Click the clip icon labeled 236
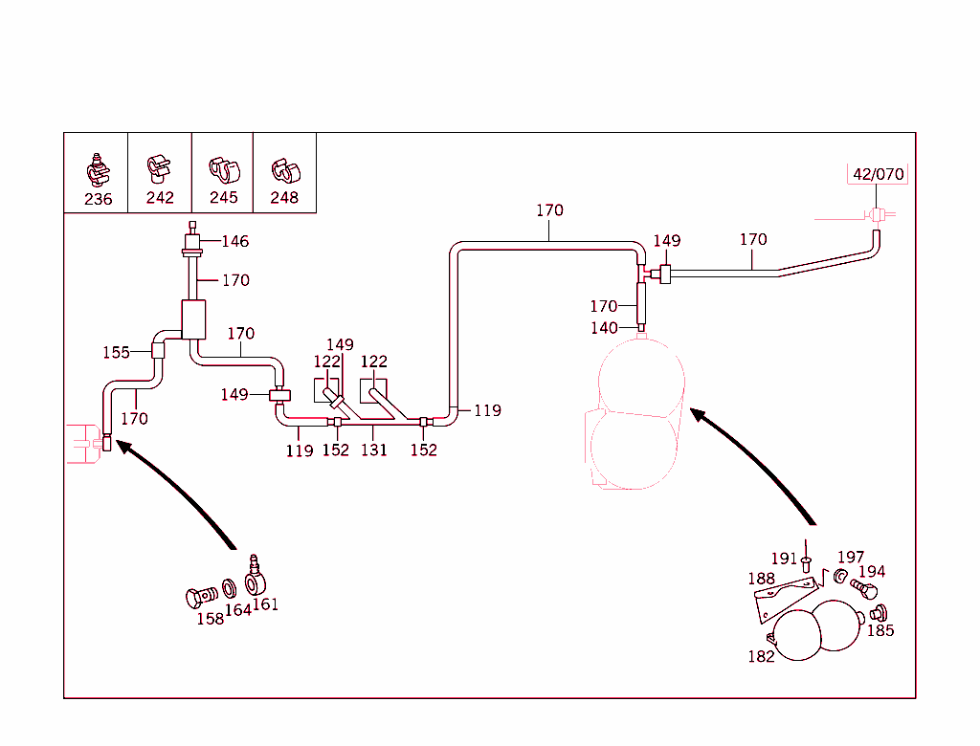pos(97,168)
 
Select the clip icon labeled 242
pos(159,168)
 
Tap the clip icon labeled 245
pos(223,170)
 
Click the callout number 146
pos(234,241)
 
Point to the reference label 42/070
pos(878,174)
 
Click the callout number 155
pos(116,352)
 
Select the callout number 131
pos(373,450)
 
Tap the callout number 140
pos(604,328)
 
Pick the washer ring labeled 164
pos(231,586)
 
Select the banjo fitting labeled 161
pos(256,577)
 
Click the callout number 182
pos(762,656)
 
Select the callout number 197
pos(850,558)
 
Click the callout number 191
pos(784,559)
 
